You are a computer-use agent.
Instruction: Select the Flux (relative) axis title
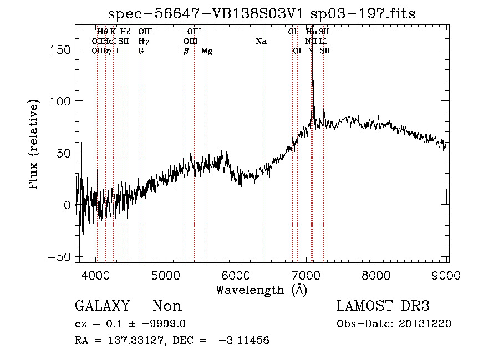(x=34, y=145)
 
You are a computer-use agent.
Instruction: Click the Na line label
(x=261, y=41)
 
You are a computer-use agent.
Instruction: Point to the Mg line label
(x=207, y=51)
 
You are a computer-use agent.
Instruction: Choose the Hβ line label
(x=183, y=51)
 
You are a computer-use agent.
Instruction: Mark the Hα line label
(x=311, y=32)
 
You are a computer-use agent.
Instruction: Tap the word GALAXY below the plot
(x=102, y=306)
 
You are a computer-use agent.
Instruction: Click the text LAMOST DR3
(x=383, y=306)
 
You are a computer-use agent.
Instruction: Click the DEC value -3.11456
(x=244, y=341)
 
